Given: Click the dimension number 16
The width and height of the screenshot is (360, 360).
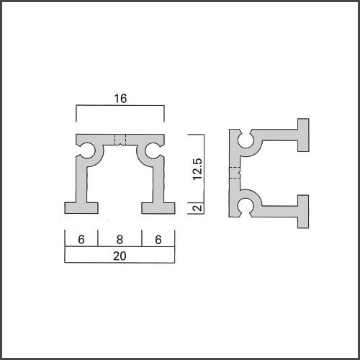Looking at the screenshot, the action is point(120,99).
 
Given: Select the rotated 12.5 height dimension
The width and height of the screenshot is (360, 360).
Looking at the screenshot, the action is point(197,169).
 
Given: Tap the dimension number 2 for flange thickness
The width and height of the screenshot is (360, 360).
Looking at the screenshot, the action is point(197,208).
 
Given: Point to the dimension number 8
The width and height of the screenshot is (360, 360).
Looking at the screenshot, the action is point(120,240).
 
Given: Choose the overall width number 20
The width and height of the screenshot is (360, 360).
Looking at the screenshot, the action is point(120,256).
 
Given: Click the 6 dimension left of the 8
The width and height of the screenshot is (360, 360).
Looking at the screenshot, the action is point(81,240).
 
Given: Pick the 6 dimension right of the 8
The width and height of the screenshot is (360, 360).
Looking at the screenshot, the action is point(158,240).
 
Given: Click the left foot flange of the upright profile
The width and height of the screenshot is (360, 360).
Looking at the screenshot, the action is point(81,208).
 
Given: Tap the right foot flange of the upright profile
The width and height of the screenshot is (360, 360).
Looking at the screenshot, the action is point(158,208).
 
